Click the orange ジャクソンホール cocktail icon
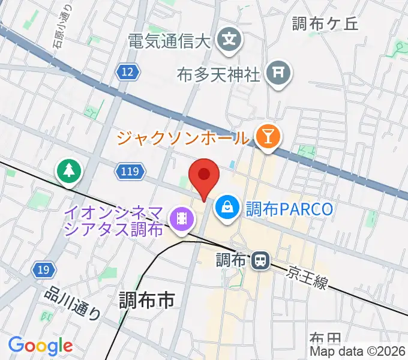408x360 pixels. pyautogui.click(x=265, y=137)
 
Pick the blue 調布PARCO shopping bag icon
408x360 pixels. pyautogui.click(x=227, y=208)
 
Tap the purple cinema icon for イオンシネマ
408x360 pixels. pyautogui.click(x=181, y=220)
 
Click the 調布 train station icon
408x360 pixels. pyautogui.click(x=260, y=260)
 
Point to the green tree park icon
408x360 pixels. pyautogui.click(x=70, y=171)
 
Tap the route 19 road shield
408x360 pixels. pyautogui.click(x=41, y=271)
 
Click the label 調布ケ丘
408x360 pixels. pyautogui.click(x=325, y=24)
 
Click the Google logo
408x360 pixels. pyautogui.click(x=40, y=346)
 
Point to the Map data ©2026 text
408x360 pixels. pyautogui.click(x=358, y=352)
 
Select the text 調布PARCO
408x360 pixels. pyautogui.click(x=289, y=209)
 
